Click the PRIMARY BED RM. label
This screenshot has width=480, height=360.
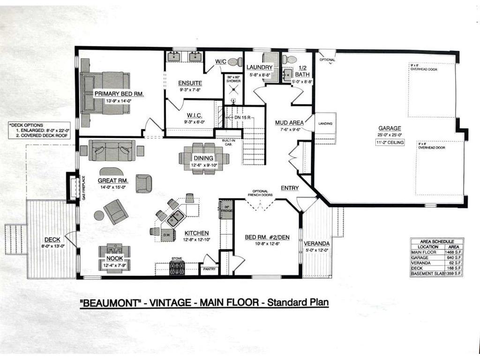coord(119,94)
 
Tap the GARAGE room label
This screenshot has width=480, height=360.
coord(390,127)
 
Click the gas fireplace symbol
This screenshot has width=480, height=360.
coord(74,187)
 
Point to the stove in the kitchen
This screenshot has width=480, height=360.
coord(177,268)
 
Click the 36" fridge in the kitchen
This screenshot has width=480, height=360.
coord(226,210)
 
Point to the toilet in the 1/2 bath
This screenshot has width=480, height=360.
coord(291,60)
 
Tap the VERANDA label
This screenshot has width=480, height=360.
coord(316,244)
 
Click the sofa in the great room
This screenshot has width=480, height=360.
coord(112,150)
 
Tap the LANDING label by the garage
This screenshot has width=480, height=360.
coord(325,124)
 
